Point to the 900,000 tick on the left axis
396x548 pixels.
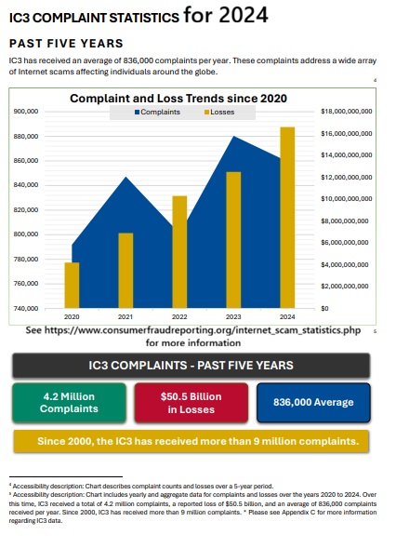tap(26, 111)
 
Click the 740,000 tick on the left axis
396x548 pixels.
tap(26, 307)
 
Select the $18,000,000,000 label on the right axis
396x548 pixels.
tap(346, 111)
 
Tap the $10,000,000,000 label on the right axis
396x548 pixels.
tap(346, 198)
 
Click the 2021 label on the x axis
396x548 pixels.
tap(125, 317)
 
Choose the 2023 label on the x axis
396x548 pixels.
tap(233, 317)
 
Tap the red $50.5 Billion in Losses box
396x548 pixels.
tap(191, 403)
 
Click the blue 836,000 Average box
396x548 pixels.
tap(313, 403)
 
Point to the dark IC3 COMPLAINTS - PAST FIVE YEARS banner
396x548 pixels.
tap(190, 366)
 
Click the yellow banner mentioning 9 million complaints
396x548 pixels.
tap(190, 440)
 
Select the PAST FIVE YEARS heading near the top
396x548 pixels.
tap(65, 44)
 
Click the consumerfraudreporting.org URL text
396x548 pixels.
tap(192, 329)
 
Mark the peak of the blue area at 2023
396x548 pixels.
tap(233, 137)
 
